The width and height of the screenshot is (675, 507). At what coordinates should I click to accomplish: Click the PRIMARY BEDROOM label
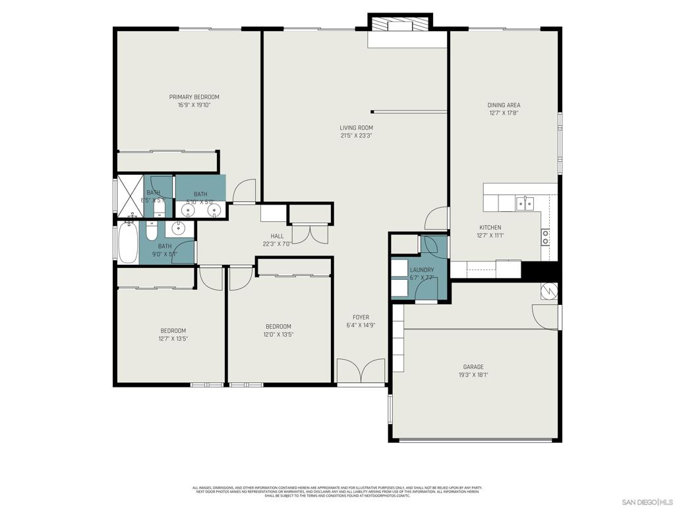(194, 97)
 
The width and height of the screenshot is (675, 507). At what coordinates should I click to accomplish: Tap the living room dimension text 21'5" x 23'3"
(356, 136)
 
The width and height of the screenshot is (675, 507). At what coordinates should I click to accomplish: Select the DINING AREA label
(504, 105)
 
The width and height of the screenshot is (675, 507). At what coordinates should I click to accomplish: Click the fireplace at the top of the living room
(399, 26)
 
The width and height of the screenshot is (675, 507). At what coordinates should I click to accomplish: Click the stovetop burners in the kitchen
(545, 237)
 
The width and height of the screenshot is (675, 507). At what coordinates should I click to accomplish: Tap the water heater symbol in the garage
(549, 290)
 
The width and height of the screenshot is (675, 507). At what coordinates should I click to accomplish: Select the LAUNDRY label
(422, 270)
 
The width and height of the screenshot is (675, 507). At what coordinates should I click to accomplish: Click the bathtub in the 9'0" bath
(127, 244)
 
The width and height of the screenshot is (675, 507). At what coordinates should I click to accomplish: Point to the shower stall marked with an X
(130, 196)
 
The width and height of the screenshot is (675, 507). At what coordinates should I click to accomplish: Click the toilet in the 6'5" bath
(159, 210)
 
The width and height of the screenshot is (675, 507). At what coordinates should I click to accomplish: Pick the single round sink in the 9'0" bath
(178, 229)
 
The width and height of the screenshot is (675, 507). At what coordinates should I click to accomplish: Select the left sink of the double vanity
(188, 211)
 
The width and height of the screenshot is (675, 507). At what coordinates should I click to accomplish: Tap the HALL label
(277, 236)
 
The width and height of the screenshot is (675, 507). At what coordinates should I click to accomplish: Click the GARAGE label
(473, 367)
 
